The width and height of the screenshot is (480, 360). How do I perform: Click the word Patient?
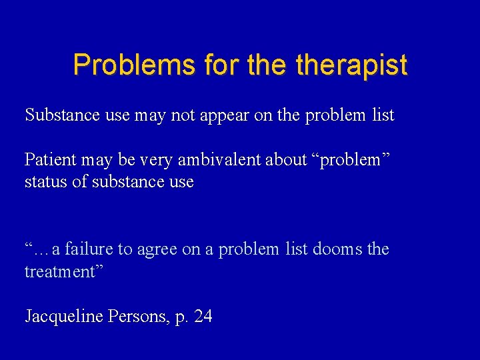50,160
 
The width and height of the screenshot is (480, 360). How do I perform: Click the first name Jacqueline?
63,317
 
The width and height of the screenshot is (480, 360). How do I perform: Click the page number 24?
203,317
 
